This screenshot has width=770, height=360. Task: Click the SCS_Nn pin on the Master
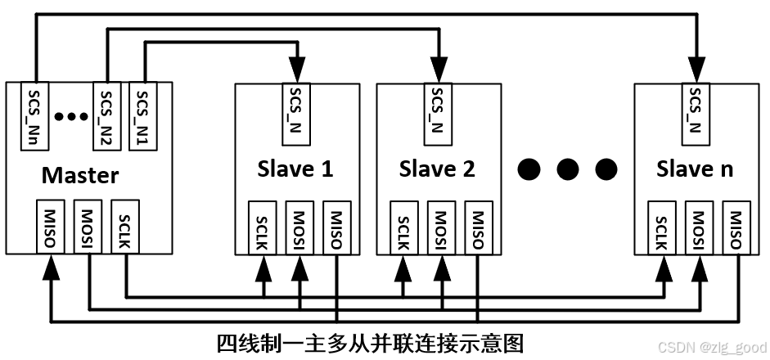coord(34,115)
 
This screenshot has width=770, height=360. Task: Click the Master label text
coord(80,174)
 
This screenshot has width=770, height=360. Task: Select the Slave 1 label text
coord(295,169)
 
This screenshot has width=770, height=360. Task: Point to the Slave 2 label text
coord(437,169)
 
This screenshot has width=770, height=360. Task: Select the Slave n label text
coord(695,169)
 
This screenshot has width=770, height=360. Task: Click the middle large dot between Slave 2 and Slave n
coord(567,169)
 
